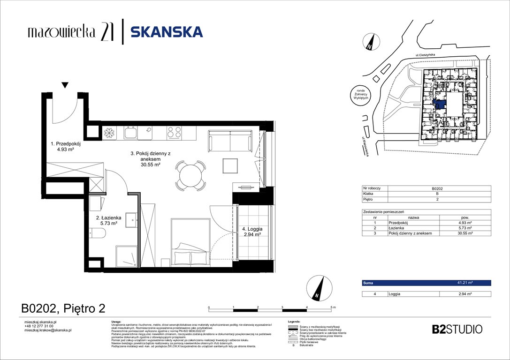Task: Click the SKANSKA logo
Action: coord(166,32)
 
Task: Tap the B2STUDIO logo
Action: coord(457,329)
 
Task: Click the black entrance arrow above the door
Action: coord(65,85)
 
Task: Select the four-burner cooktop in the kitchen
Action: coord(175,133)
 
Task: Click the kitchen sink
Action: coord(131,134)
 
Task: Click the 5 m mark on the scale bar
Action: coord(332,307)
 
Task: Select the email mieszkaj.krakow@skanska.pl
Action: coord(47,330)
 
